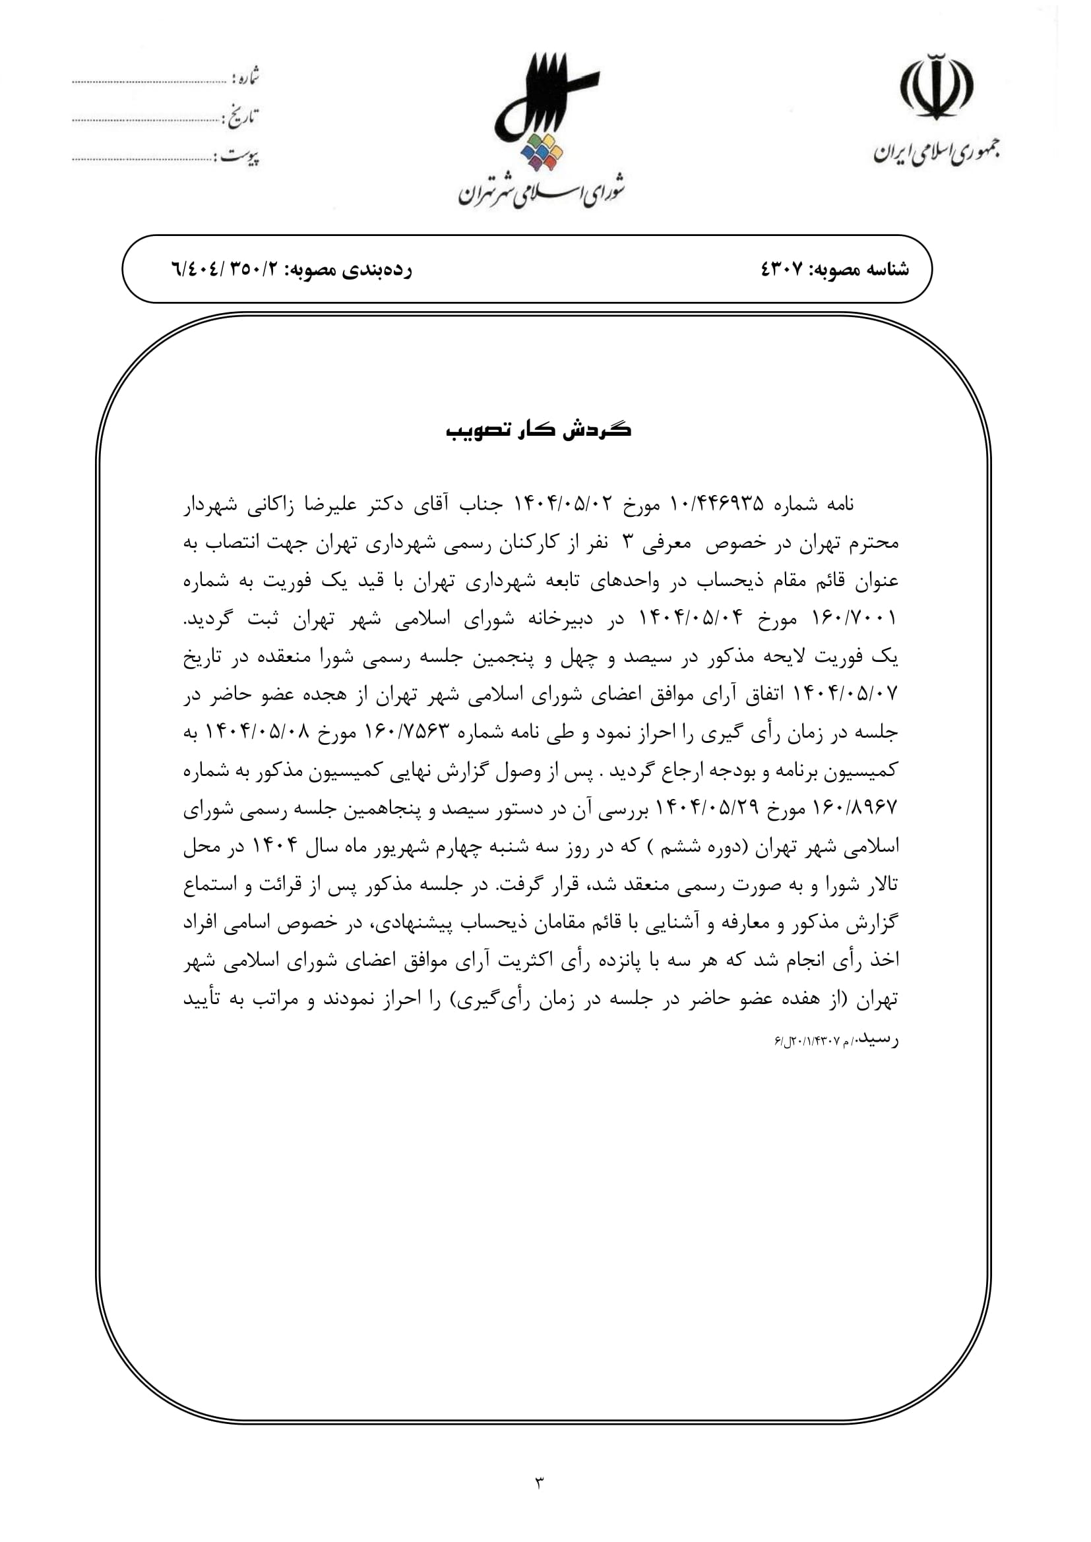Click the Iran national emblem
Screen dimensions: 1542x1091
pyautogui.click(x=937, y=87)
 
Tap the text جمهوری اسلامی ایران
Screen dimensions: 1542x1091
pyautogui.click(x=936, y=152)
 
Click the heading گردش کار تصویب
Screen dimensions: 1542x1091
pyautogui.click(x=539, y=430)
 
